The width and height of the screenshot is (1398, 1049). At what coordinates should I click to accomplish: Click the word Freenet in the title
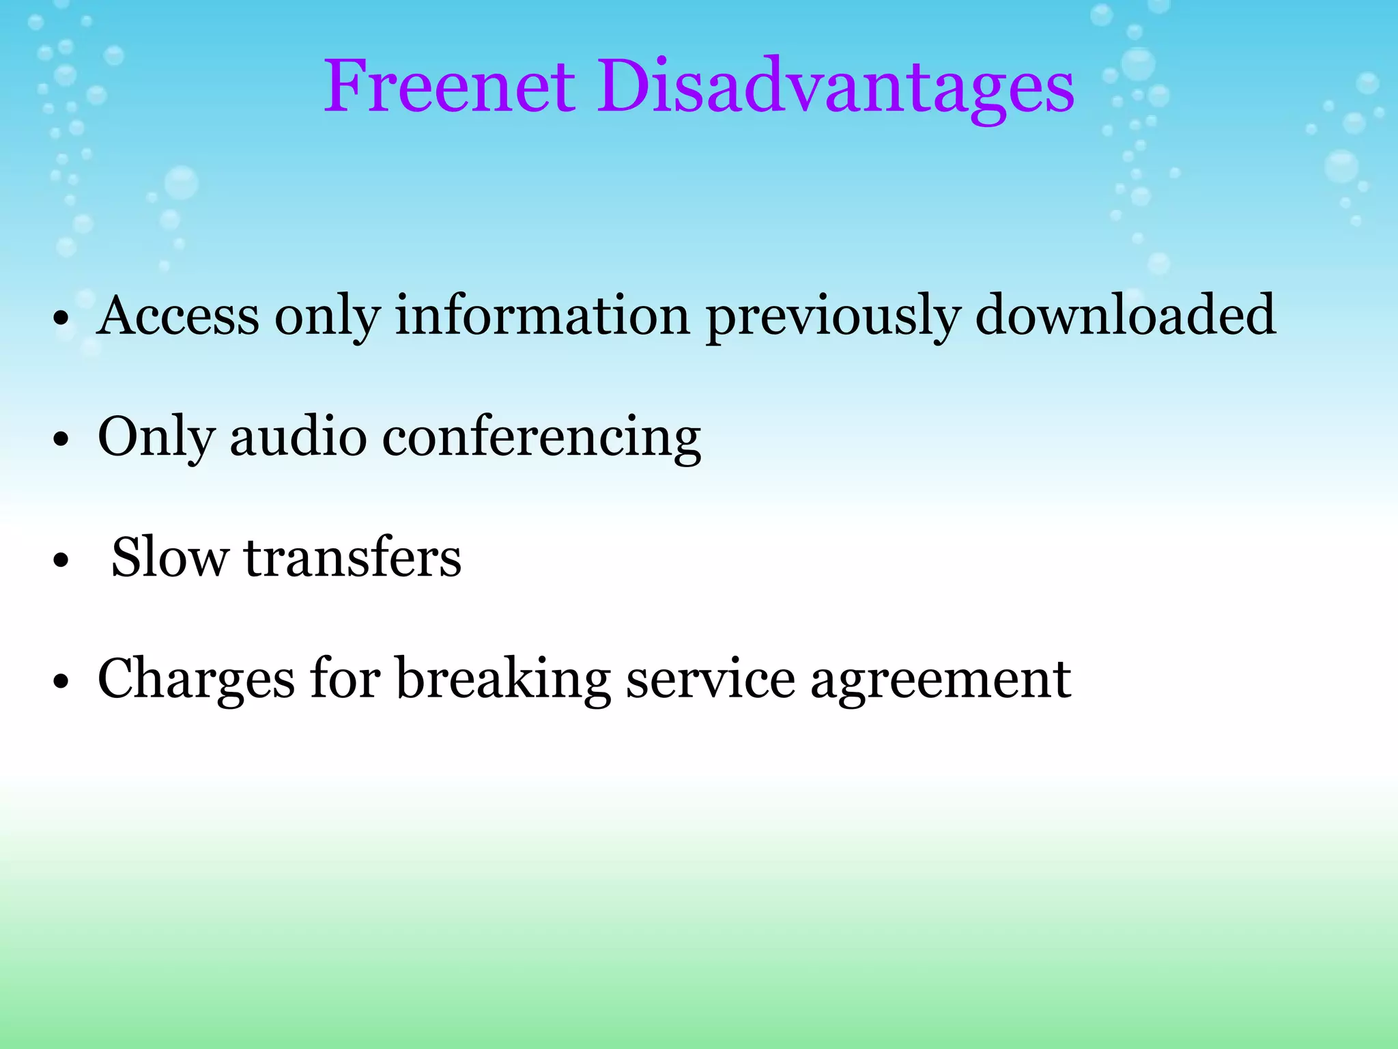pos(450,87)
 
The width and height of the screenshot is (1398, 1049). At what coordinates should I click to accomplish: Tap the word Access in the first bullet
pos(178,316)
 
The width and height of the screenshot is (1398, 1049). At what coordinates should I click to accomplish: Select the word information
pos(543,316)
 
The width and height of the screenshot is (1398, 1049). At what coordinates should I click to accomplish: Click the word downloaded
pos(1125,316)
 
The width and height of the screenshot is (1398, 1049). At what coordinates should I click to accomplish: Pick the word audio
pos(298,437)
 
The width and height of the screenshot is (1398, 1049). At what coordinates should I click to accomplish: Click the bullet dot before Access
pos(61,318)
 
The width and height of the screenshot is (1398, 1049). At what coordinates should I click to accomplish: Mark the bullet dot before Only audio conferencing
pos(61,439)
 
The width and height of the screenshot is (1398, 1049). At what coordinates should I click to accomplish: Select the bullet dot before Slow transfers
pos(61,560)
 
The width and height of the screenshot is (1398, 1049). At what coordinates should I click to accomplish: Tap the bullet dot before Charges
pos(61,682)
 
